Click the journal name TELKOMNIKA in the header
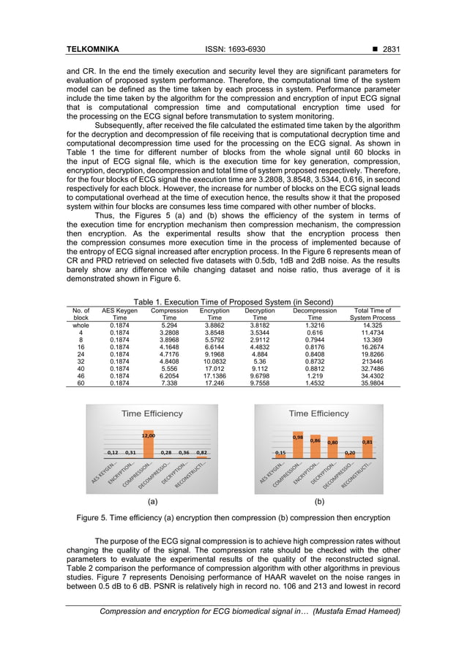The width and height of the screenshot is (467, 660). point(92,50)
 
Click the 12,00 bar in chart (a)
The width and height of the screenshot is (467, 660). point(148,446)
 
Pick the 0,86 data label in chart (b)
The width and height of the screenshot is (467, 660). point(315,440)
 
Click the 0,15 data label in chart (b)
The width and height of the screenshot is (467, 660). point(280,453)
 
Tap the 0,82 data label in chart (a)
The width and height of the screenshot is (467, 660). point(201,453)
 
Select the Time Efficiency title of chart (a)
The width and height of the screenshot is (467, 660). point(152,413)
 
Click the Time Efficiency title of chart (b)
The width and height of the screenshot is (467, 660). point(319,413)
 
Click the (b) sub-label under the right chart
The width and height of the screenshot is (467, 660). point(319,502)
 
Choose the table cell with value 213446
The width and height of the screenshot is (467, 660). point(372,361)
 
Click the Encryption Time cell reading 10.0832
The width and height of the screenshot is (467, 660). point(214,361)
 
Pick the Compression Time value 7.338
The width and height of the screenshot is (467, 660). point(169,383)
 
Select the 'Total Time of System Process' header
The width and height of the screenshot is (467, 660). point(372,314)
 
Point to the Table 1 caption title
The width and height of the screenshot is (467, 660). point(233,302)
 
